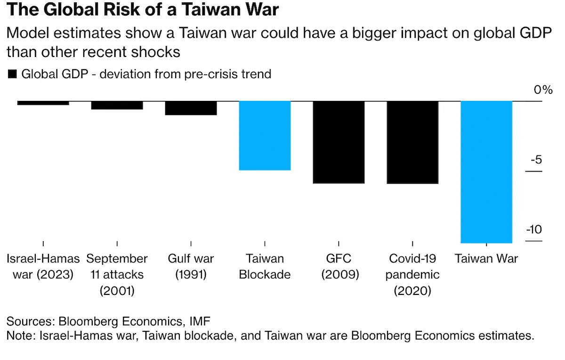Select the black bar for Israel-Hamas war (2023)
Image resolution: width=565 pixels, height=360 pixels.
pyautogui.click(x=43, y=103)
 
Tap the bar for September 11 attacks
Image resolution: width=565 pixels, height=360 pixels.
pyautogui.click(x=117, y=105)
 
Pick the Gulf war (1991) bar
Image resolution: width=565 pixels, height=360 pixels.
pyautogui.click(x=191, y=108)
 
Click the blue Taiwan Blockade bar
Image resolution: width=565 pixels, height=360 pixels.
pyautogui.click(x=265, y=135)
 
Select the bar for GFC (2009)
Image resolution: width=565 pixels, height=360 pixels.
pyautogui.click(x=339, y=142)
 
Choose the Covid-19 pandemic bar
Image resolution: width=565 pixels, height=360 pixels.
pyautogui.click(x=412, y=142)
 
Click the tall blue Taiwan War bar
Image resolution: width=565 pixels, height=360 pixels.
pyautogui.click(x=486, y=172)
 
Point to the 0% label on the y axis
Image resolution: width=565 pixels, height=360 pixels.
pyautogui.click(x=542, y=90)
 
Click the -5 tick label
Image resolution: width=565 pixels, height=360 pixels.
pyautogui.click(x=535, y=160)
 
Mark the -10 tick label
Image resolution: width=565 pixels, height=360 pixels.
pyautogui.click(x=533, y=229)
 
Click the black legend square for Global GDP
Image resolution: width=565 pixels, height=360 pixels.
pyautogui.click(x=12, y=74)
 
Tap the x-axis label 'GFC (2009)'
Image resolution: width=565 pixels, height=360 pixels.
pyautogui.click(x=339, y=266)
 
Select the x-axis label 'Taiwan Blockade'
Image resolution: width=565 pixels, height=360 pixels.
pyautogui.click(x=265, y=266)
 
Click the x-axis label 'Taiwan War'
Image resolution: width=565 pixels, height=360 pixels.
pyautogui.click(x=486, y=258)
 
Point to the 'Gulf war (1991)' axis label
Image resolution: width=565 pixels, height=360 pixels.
pyautogui.click(x=191, y=266)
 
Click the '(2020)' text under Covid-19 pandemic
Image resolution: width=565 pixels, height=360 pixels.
pyautogui.click(x=412, y=291)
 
